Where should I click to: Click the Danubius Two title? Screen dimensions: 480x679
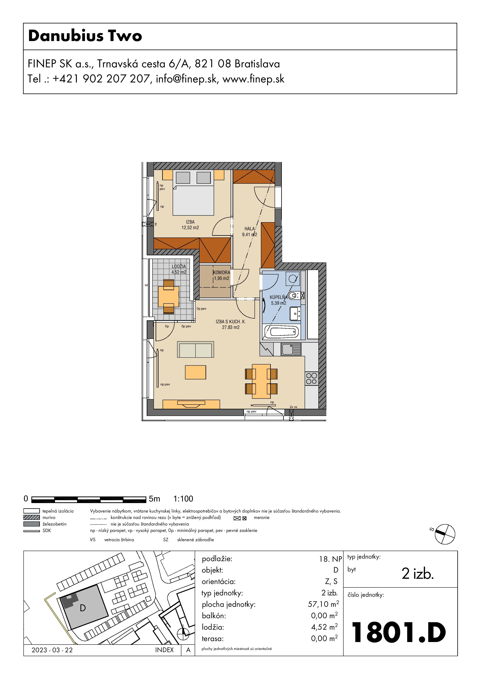pyautogui.click(x=85, y=36)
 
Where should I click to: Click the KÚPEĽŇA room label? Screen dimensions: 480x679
pyautogui.click(x=278, y=297)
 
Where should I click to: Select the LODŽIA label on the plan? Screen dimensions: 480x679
pyautogui.click(x=179, y=267)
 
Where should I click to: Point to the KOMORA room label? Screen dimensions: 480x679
pyautogui.click(x=221, y=272)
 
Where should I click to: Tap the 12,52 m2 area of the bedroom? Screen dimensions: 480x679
pyautogui.click(x=190, y=228)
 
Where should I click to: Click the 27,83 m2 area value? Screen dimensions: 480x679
pyautogui.click(x=231, y=327)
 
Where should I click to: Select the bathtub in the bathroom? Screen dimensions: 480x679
pyautogui.click(x=281, y=332)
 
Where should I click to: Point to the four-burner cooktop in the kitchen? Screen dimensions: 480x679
pyautogui.click(x=311, y=379)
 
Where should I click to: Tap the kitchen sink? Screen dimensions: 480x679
pyautogui.click(x=291, y=349)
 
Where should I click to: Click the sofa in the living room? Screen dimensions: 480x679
pyautogui.click(x=195, y=350)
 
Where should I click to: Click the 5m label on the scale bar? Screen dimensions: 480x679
pyautogui.click(x=154, y=499)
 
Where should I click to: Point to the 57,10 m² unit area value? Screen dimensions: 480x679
pyautogui.click(x=323, y=604)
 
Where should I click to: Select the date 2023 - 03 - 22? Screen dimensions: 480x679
pyautogui.click(x=52, y=650)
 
